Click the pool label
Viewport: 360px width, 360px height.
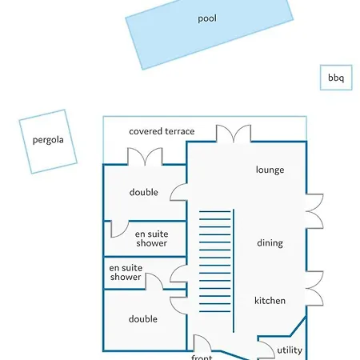point(207,18)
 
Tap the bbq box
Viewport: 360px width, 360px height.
point(336,78)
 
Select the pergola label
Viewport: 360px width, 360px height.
point(48,140)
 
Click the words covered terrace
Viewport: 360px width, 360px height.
point(162,131)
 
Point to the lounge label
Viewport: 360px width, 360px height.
point(270,170)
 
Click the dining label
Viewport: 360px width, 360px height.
point(270,243)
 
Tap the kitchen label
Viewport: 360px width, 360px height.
point(270,301)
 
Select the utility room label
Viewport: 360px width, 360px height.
point(290,350)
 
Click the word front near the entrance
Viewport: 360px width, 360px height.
point(202,357)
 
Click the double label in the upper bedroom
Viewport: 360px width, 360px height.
point(144,192)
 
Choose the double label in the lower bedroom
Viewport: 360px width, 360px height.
point(143,319)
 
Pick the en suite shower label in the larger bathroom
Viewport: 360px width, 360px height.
point(151,238)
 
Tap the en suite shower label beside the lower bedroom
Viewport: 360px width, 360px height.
point(126,272)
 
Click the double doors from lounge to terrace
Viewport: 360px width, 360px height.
point(234,134)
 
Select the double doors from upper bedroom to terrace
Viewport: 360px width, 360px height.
point(145,156)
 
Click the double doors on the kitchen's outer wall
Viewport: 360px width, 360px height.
point(314,288)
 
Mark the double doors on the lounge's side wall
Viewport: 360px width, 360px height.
point(314,211)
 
